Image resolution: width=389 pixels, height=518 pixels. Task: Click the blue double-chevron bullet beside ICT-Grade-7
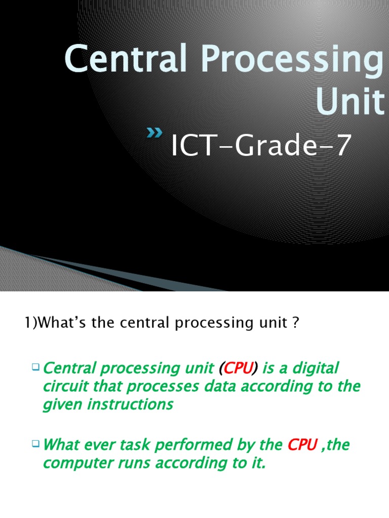(x=154, y=133)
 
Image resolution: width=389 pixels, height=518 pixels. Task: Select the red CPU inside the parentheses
(x=238, y=368)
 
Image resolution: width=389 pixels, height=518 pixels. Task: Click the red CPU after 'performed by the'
(x=302, y=445)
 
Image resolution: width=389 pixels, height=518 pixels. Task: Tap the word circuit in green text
(x=65, y=386)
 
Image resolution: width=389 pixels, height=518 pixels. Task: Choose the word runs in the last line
(x=137, y=463)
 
